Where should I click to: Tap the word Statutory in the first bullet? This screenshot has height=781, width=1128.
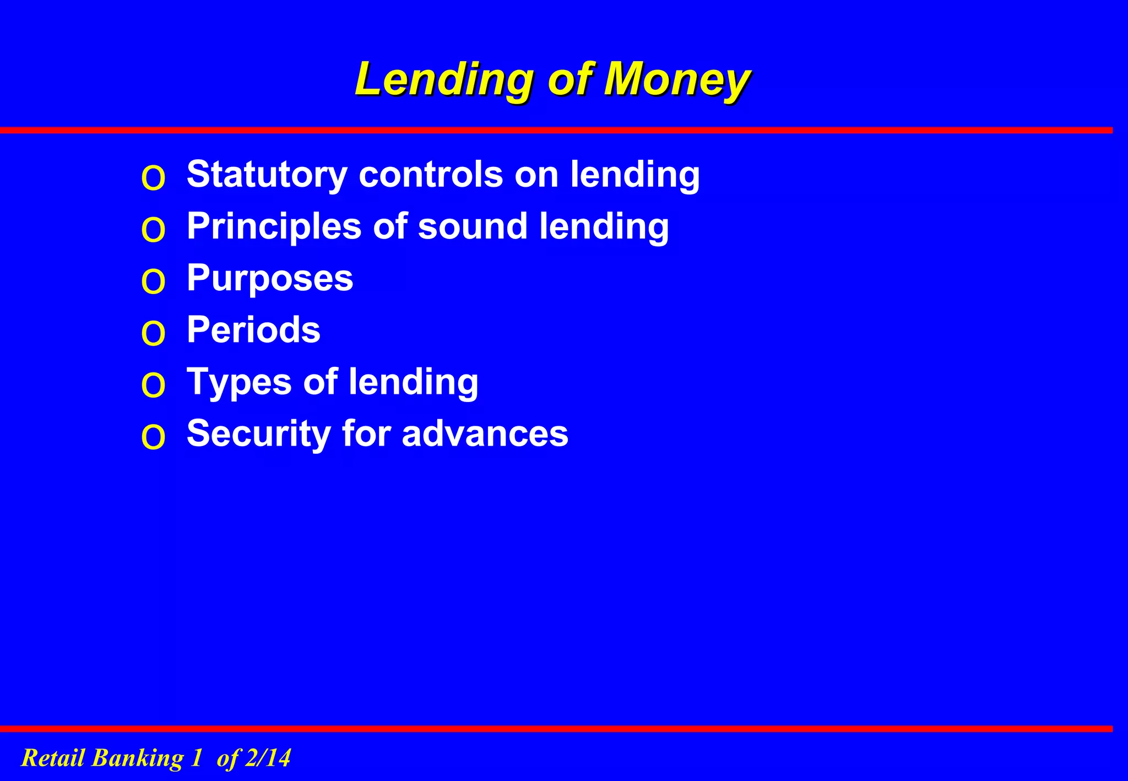pyautogui.click(x=267, y=175)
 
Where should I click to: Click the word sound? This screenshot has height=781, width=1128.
pyautogui.click(x=473, y=226)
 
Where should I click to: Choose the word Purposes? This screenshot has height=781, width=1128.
pyautogui.click(x=270, y=278)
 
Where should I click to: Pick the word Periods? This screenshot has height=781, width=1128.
pyautogui.click(x=253, y=330)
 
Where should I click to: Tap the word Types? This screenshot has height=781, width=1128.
pyautogui.click(x=239, y=382)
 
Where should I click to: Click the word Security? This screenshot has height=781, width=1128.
pyautogui.click(x=258, y=433)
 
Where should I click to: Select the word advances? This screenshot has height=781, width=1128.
pyautogui.click(x=485, y=433)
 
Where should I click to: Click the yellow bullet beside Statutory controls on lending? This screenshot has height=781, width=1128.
pyautogui.click(x=153, y=178)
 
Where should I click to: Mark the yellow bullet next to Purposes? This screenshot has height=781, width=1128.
pyautogui.click(x=153, y=282)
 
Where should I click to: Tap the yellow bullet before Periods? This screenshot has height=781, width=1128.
pyautogui.click(x=153, y=334)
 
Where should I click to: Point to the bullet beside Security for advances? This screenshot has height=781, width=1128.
pyautogui.click(x=153, y=437)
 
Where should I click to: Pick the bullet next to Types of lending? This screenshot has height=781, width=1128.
pyautogui.click(x=153, y=386)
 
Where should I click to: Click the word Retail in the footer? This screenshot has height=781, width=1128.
pyautogui.click(x=53, y=758)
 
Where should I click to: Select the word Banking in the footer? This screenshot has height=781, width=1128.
pyautogui.click(x=138, y=758)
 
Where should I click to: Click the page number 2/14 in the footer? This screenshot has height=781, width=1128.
pyautogui.click(x=268, y=758)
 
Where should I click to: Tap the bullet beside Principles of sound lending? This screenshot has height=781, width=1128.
pyautogui.click(x=153, y=230)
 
